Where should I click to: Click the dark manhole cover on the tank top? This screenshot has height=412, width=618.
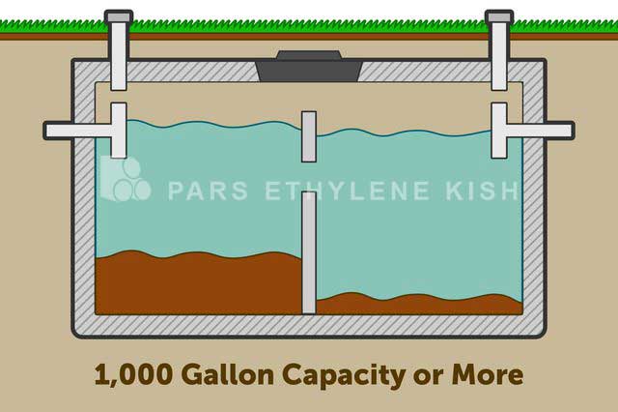(309, 67)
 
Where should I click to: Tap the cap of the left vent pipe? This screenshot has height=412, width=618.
(119, 16)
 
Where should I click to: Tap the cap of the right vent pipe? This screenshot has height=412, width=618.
(499, 16)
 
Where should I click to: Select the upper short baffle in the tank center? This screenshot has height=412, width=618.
(309, 136)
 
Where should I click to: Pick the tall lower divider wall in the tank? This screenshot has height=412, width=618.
(309, 252)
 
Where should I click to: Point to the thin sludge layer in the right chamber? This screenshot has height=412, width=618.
(420, 305)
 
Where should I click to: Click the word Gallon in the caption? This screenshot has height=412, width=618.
(228, 374)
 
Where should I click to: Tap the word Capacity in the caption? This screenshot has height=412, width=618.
(344, 376)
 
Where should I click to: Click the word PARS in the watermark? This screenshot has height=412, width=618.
(208, 191)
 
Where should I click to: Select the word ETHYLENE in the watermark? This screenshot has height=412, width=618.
(347, 191)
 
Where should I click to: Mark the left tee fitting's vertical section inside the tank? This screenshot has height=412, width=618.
(119, 131)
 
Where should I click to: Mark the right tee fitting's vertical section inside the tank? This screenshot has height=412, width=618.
(499, 131)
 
